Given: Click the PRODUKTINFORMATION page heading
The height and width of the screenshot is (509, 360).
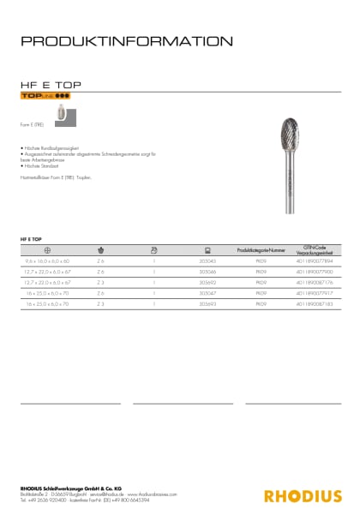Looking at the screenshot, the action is coord(125,40).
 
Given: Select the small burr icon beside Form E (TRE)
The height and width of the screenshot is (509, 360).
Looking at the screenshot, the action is coord(60,113).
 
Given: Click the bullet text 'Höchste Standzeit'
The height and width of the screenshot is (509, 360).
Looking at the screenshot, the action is coord(42,164).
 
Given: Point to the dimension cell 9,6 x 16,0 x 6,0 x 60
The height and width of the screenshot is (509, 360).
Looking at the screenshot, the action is coord(48,259).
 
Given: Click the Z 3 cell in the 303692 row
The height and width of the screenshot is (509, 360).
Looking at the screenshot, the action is coord(100,281).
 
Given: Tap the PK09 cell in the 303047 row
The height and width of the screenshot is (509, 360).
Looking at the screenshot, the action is coord(260,292).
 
